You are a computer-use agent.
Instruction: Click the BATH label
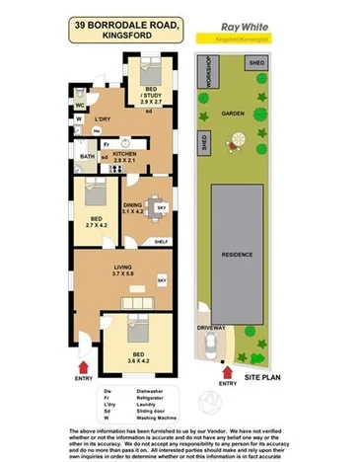(87, 156)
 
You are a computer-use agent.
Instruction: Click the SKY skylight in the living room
(163, 283)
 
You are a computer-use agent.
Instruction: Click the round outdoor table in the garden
(232, 144)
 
